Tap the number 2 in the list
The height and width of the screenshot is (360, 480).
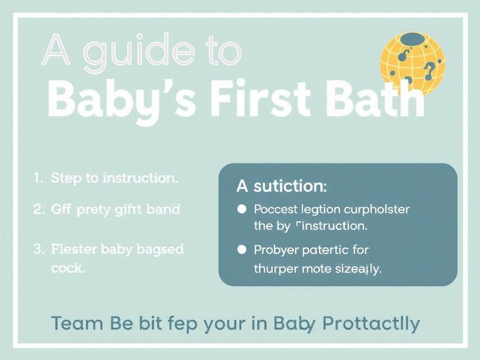tap(37, 209)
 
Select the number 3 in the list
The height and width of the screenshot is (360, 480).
tap(37, 249)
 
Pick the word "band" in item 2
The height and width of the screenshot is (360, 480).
tap(163, 209)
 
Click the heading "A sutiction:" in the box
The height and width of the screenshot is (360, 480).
tap(281, 186)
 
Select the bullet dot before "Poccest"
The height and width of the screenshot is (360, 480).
tap(242, 209)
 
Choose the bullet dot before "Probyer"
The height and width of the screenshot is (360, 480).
tap(242, 249)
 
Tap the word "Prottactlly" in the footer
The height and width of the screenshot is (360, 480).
tap(371, 323)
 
